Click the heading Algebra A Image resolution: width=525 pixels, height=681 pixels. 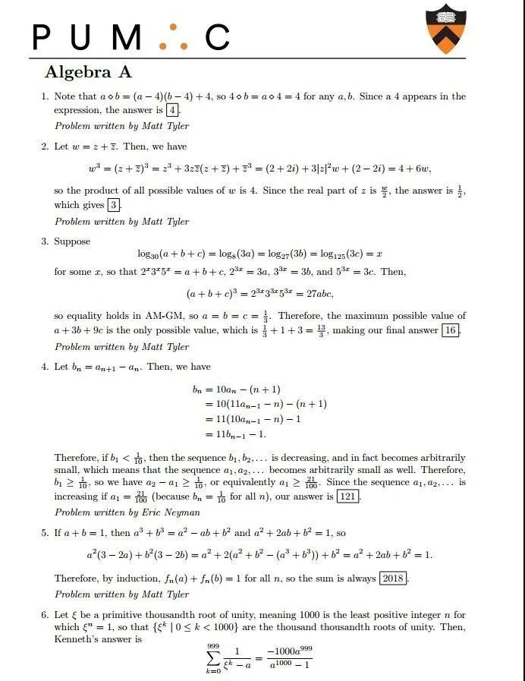(x=88, y=73)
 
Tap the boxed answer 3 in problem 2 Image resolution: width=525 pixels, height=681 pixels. (x=114, y=205)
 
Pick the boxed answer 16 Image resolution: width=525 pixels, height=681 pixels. (x=451, y=330)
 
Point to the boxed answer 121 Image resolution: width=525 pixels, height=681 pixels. (x=347, y=497)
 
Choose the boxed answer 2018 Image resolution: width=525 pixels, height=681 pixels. (x=393, y=579)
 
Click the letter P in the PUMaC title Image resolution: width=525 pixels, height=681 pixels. (x=45, y=37)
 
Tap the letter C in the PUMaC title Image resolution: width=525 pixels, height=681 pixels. (x=217, y=37)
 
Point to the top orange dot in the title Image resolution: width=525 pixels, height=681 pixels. (x=173, y=27)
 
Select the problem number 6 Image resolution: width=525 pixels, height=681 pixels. (x=45, y=614)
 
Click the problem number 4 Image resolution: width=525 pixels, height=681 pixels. (x=45, y=367)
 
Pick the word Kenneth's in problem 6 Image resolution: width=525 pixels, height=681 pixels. (x=74, y=638)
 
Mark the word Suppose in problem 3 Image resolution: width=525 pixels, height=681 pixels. (x=72, y=241)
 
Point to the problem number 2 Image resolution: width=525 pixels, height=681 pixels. (x=45, y=147)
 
